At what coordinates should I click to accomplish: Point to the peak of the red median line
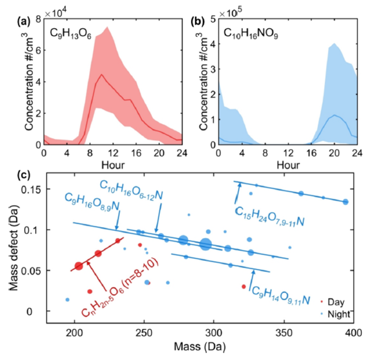[x=101, y=74]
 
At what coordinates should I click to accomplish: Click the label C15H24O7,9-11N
[x=269, y=216]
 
